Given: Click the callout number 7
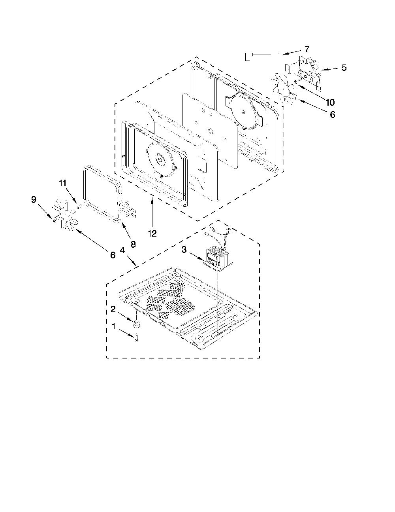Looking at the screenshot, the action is click(x=307, y=49).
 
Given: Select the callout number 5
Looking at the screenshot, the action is click(x=344, y=68).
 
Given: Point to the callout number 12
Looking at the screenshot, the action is click(x=152, y=233).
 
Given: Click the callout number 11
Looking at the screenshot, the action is click(x=62, y=183).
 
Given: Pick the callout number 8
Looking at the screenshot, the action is click(x=133, y=245).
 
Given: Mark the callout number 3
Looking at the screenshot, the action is click(x=184, y=250).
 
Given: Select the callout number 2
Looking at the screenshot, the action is click(x=113, y=309).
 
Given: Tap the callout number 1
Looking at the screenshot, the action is click(x=114, y=326).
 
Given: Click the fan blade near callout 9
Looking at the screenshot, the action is click(x=65, y=214).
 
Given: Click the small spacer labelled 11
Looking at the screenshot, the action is click(x=79, y=207).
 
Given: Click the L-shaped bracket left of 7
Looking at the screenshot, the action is click(x=247, y=57).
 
